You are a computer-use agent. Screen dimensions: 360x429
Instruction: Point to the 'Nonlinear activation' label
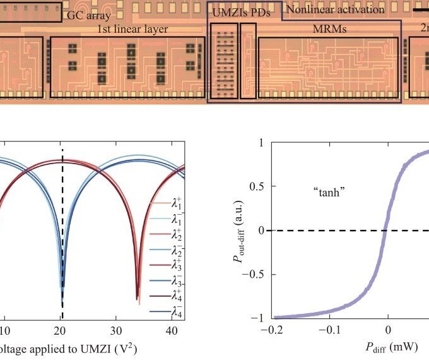point(335,9)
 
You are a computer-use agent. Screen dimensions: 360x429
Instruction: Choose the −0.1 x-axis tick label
point(330,330)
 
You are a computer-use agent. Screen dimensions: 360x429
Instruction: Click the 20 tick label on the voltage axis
point(59,330)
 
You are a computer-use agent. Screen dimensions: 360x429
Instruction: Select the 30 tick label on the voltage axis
point(115,330)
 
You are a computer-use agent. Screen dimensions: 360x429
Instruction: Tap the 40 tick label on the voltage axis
point(171,330)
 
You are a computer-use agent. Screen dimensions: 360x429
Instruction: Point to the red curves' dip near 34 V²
point(138,301)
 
